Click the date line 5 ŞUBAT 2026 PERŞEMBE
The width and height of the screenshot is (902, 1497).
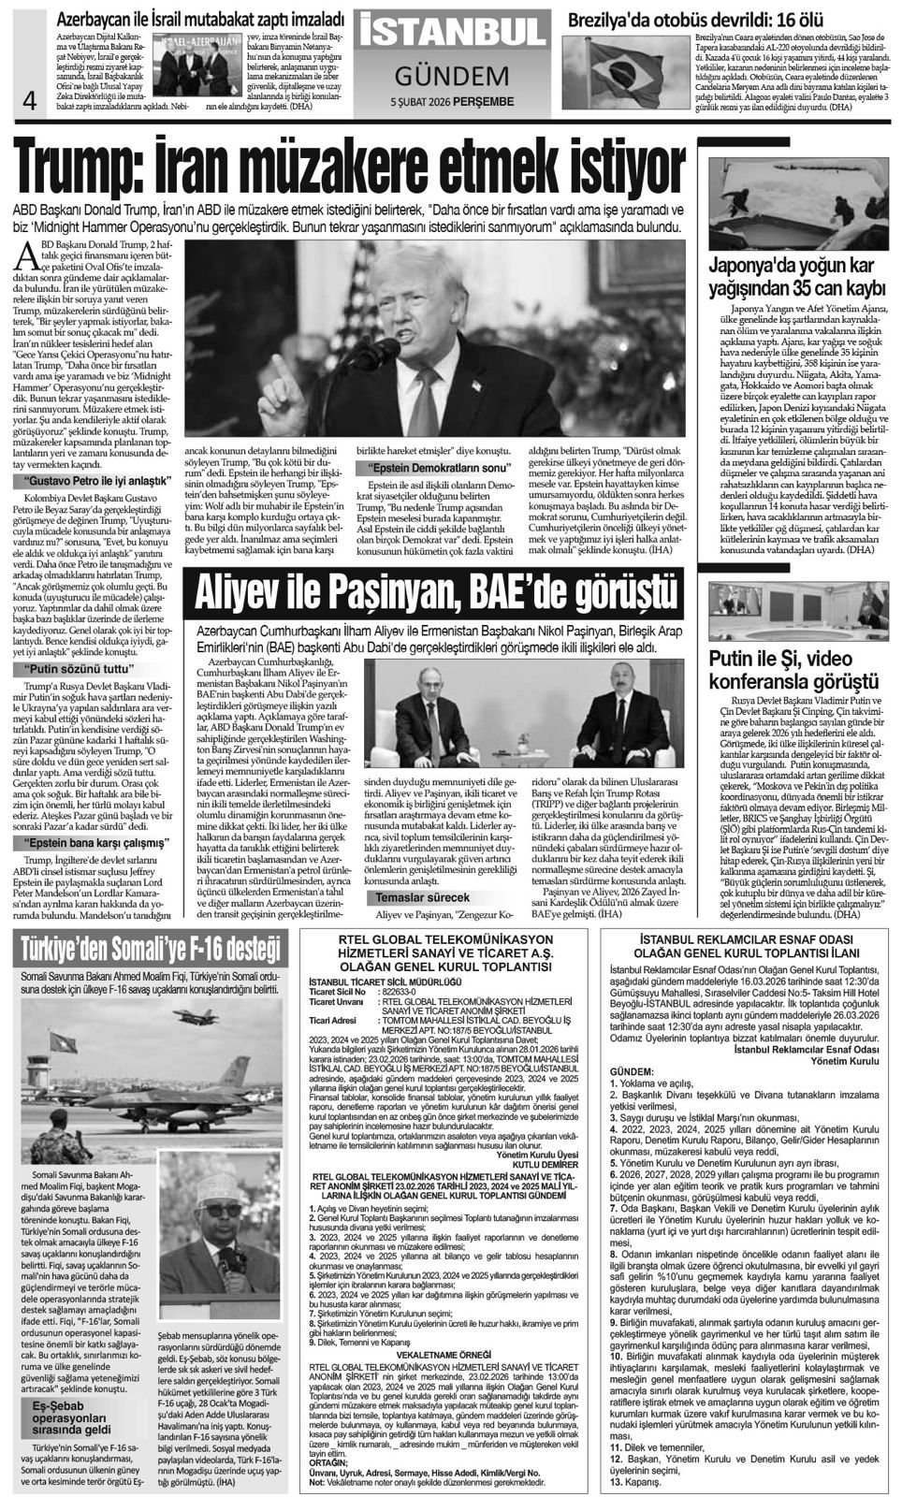point(452,101)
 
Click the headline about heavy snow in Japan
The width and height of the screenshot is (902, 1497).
point(795,276)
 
